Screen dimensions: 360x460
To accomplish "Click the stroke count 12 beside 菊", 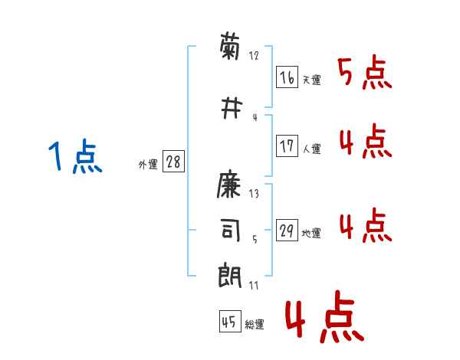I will (255, 57).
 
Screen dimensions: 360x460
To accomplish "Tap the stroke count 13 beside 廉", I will (255, 194).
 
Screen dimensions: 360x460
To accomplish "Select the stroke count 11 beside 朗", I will (255, 285).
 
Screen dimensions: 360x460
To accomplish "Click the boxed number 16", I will (287, 77).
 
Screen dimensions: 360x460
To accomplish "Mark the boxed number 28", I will (173, 162).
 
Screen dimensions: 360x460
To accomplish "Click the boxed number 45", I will (229, 322).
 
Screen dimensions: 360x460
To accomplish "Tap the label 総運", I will (255, 325).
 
